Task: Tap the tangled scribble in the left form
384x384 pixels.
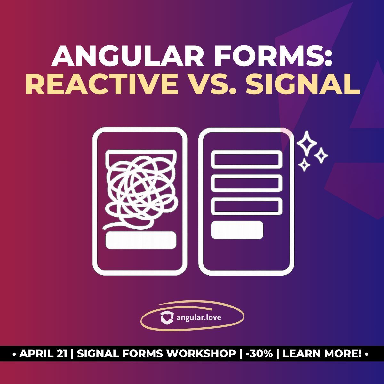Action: tap(141, 190)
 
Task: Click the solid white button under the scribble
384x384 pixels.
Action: tap(141, 240)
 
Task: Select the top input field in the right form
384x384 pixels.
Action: tap(246, 159)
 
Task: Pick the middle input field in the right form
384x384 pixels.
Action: tap(246, 183)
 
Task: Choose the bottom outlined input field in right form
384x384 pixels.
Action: tap(246, 206)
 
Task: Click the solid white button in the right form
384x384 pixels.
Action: tap(237, 230)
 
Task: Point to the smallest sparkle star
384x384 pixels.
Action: tap(304, 165)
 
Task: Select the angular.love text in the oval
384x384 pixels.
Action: tap(198, 318)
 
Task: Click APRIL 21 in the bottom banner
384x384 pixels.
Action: tap(44, 354)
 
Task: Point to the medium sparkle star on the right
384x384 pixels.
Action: tap(321, 156)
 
